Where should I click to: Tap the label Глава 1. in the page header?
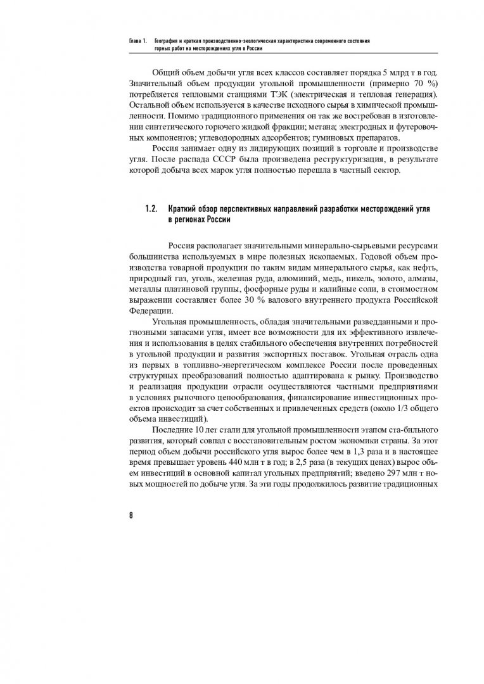(137, 41)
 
